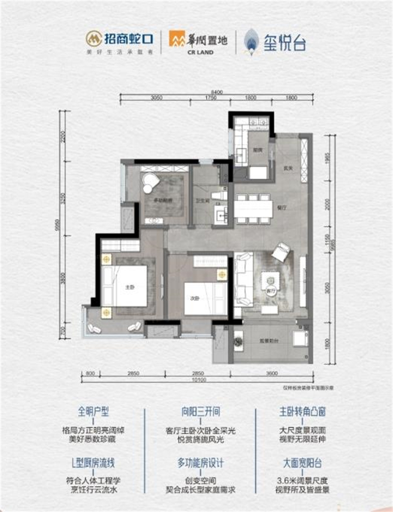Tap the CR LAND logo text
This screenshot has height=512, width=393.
[198, 52]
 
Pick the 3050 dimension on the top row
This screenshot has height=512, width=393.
[157, 98]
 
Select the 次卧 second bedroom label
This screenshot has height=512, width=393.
[194, 297]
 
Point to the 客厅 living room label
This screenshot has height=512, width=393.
[270, 291]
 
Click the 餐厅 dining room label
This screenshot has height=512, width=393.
[281, 208]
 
